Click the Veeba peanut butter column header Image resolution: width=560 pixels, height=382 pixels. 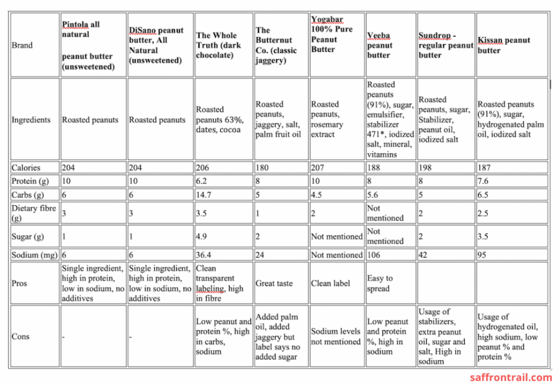380,45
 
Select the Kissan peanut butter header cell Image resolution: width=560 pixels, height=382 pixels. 504,45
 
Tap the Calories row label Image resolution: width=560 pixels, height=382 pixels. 26,167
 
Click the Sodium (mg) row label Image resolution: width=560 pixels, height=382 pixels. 34,254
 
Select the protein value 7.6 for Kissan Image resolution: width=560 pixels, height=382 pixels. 483,181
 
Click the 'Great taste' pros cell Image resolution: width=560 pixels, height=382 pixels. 274,283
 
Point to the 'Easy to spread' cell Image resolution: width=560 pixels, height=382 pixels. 380,283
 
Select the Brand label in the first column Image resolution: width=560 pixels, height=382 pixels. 22,45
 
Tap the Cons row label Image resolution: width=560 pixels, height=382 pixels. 21,336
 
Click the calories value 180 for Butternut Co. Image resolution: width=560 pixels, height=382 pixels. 262,167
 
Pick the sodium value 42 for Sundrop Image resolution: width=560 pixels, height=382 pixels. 423,254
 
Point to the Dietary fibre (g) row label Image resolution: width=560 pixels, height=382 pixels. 34,213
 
